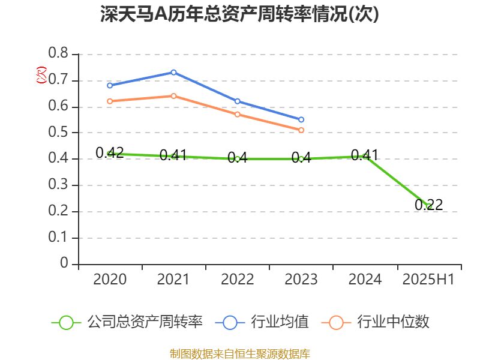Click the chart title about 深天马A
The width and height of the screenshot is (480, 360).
click(x=240, y=14)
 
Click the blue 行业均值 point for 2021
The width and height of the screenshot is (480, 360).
click(x=173, y=72)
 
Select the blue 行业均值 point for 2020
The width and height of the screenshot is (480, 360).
click(x=110, y=85)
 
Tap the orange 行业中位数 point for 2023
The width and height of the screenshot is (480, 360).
click(x=301, y=130)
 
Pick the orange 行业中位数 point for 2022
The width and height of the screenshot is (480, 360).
click(x=238, y=114)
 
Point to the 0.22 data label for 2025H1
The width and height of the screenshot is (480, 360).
click(x=428, y=205)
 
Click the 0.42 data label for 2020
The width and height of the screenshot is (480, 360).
click(x=110, y=152)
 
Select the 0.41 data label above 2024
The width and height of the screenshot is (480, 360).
click(x=364, y=155)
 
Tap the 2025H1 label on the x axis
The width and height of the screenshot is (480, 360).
click(x=428, y=279)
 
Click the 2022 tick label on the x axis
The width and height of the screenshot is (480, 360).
click(x=238, y=279)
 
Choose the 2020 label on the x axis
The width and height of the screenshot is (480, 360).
click(x=110, y=279)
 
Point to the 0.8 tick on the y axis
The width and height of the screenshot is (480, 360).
click(x=59, y=54)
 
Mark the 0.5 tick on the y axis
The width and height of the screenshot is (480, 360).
click(x=59, y=133)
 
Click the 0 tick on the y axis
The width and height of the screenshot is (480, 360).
click(x=64, y=264)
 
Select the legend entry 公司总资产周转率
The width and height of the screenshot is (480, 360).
click(x=128, y=322)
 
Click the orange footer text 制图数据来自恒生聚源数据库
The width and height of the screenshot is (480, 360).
click(x=240, y=353)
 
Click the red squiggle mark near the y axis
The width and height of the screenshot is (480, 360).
click(x=41, y=75)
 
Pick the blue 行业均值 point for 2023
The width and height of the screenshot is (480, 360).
click(x=301, y=119)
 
